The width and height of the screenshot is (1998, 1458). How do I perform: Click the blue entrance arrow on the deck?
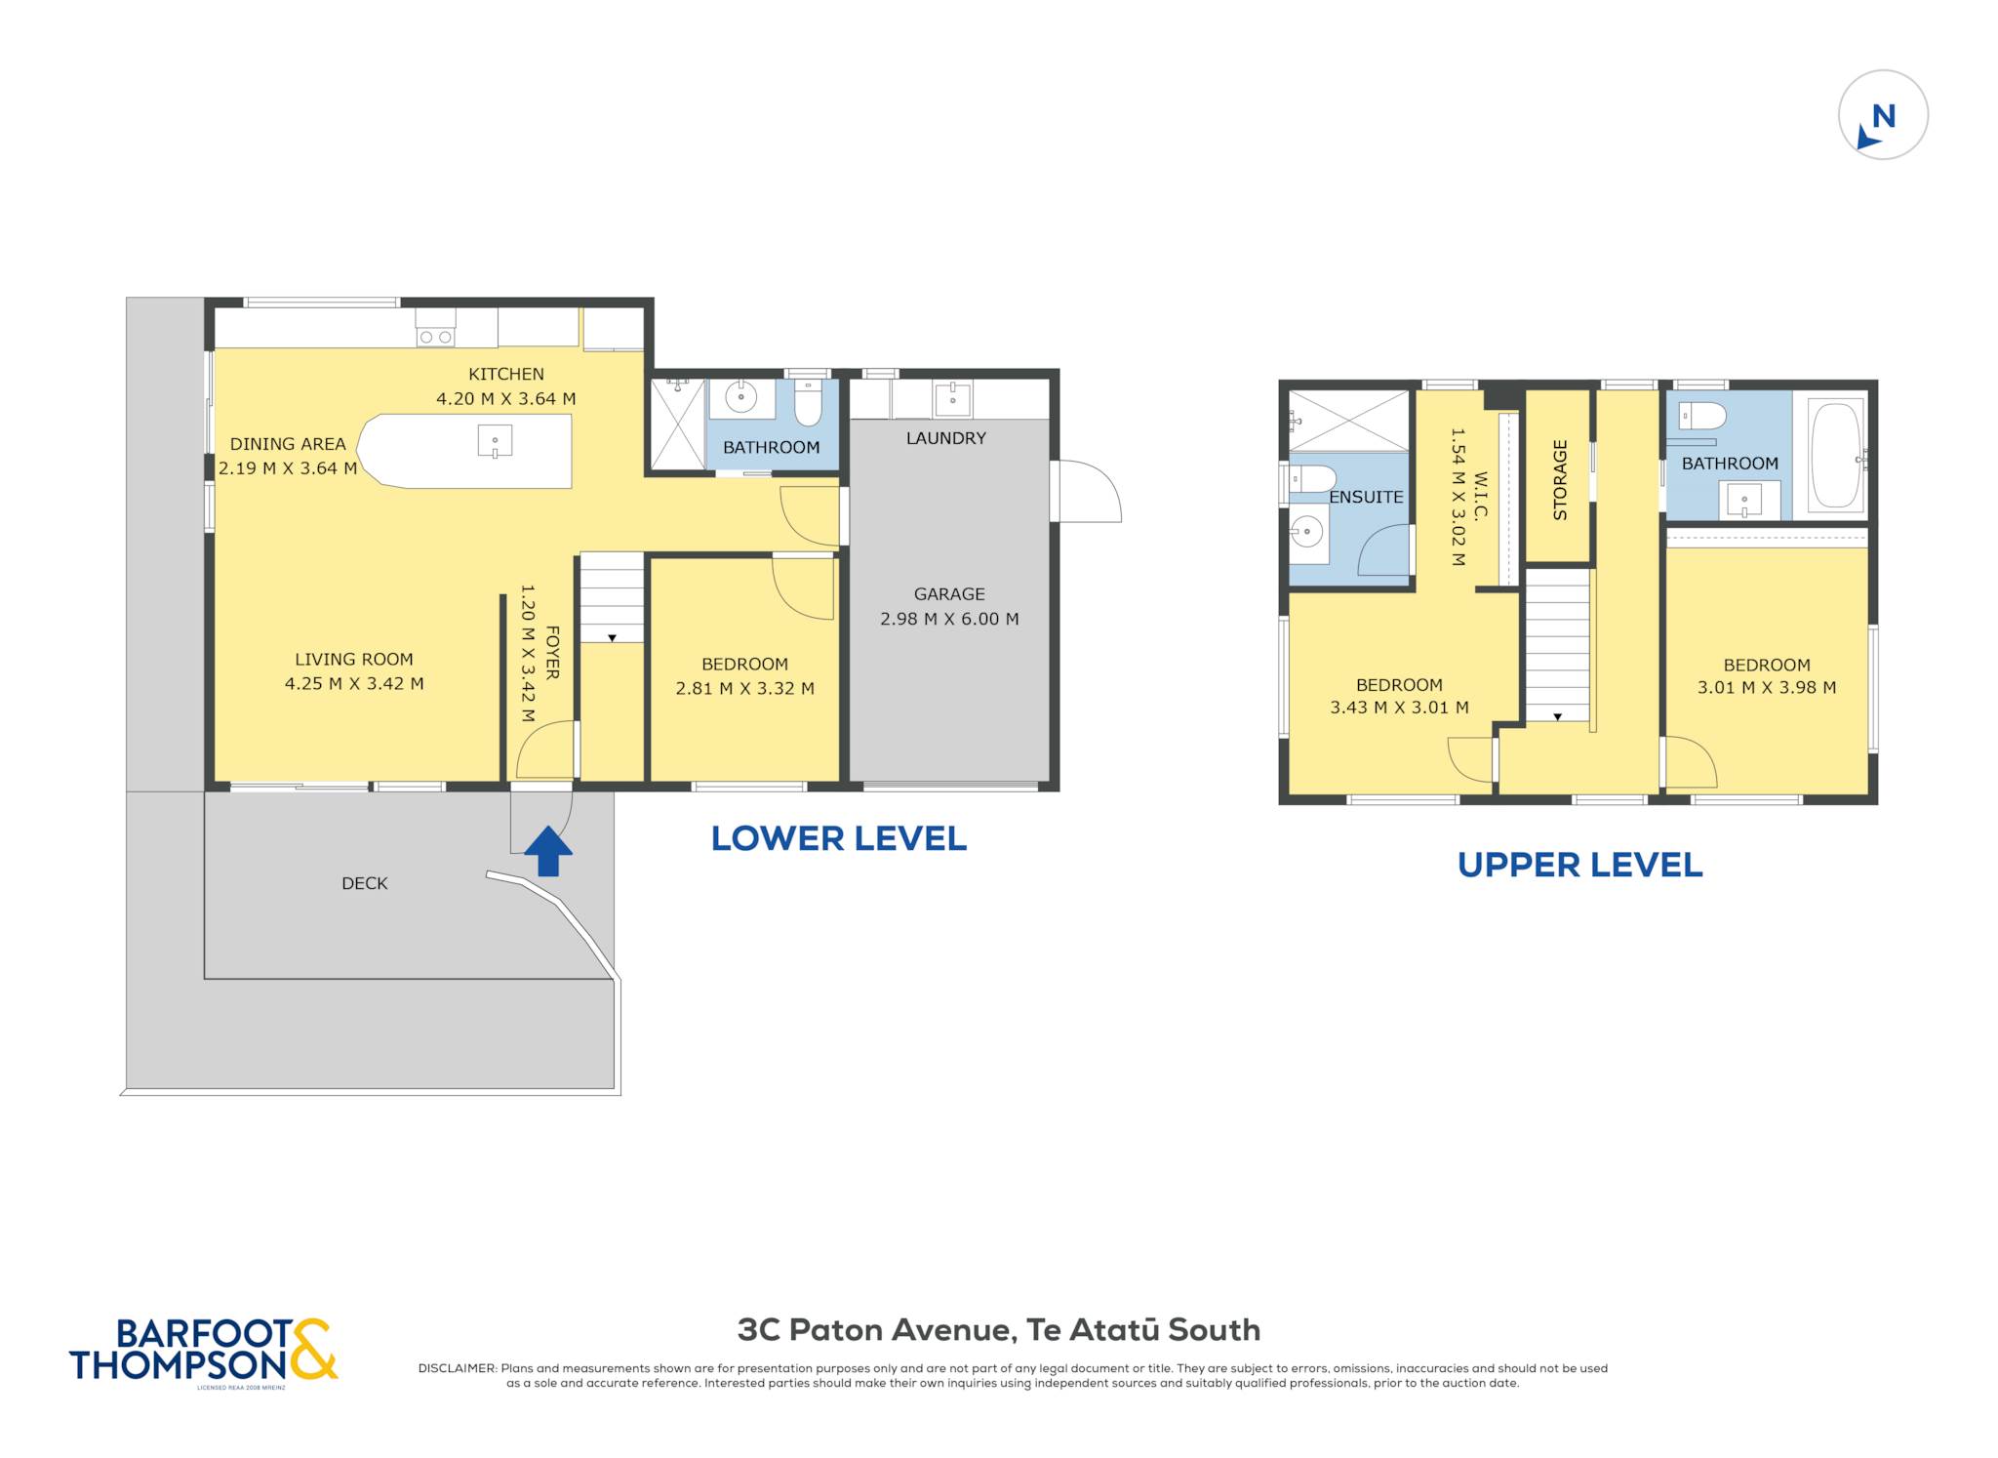tap(548, 851)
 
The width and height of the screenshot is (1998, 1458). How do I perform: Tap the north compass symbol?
tap(1882, 115)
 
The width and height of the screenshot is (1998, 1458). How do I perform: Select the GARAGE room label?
tap(949, 593)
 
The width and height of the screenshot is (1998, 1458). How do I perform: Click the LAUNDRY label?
tap(945, 438)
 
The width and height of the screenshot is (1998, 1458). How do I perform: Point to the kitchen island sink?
tap(495, 441)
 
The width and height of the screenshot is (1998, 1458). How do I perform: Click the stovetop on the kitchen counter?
tap(435, 329)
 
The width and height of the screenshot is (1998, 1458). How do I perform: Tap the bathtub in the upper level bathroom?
tap(1835, 456)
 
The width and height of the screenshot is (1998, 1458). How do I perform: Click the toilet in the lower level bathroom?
tap(809, 402)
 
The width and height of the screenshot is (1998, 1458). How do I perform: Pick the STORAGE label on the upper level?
tap(1559, 479)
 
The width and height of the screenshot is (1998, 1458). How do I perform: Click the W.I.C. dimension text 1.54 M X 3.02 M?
tap(1458, 497)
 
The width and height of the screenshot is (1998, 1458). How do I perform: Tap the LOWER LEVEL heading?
tap(838, 838)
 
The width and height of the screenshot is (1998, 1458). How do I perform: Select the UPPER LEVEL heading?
tap(1579, 865)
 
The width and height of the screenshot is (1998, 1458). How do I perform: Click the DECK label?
tap(365, 883)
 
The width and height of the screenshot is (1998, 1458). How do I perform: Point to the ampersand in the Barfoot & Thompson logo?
tap(311, 1349)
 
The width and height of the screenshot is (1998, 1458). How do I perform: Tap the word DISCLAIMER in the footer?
tap(458, 1368)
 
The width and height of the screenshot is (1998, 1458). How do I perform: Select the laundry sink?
tap(952, 399)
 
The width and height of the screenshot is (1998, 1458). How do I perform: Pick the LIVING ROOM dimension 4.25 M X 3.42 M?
tap(354, 683)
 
